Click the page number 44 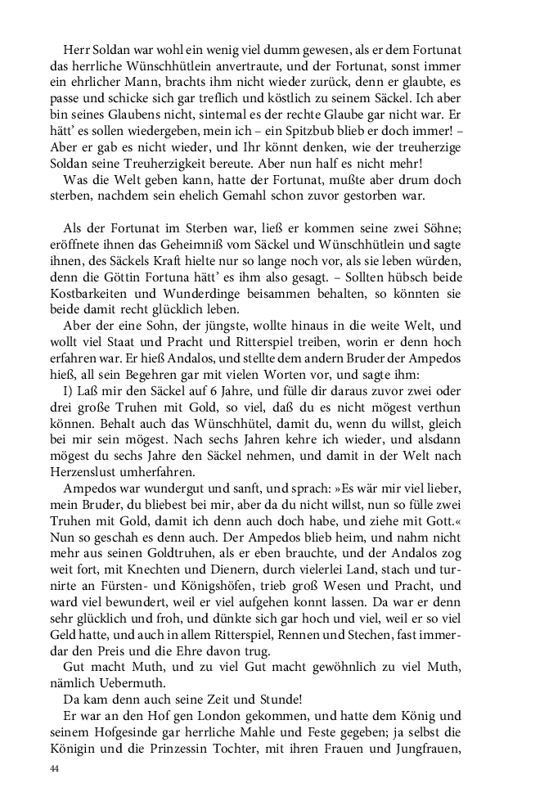click(55, 769)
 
